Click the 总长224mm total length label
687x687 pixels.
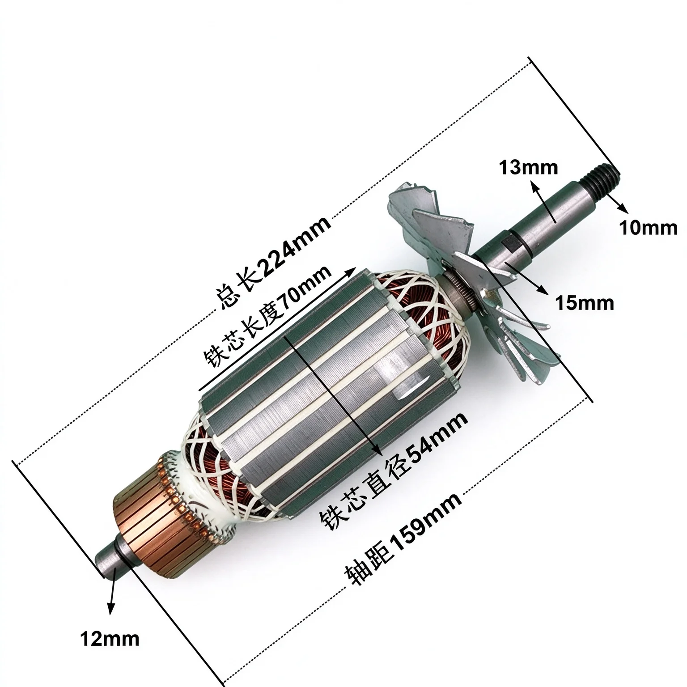[274, 263]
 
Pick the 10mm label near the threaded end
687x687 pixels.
[648, 229]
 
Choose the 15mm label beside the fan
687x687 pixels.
[584, 303]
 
